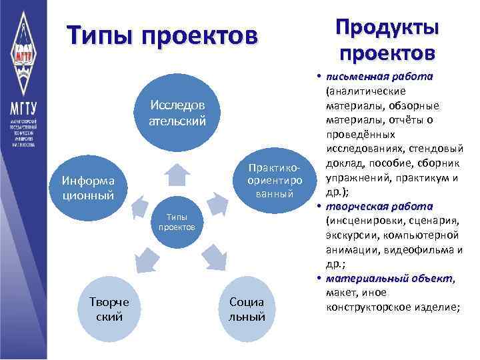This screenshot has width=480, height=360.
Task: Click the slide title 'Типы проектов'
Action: [161, 35]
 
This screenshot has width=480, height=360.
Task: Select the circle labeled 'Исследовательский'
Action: [177, 113]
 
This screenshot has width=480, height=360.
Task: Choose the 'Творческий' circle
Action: [109, 309]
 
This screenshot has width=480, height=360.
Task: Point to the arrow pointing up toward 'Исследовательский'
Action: [177, 172]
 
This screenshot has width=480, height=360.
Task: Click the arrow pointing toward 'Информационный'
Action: [139, 208]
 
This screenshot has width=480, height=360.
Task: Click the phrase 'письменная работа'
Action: [379, 76]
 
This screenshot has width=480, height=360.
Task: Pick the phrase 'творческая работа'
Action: [379, 206]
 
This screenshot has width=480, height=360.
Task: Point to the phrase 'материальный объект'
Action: [385, 279]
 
